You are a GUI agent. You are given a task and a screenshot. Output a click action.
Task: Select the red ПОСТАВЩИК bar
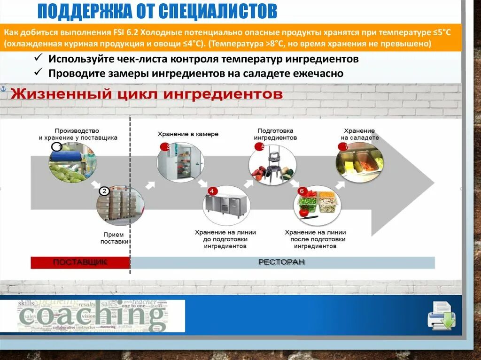coord(80,262)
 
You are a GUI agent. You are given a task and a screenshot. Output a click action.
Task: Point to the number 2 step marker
coord(104,191)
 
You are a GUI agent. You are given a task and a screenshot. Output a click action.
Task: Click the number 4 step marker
coord(212,191)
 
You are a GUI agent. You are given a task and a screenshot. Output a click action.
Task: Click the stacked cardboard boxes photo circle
coord(120,205)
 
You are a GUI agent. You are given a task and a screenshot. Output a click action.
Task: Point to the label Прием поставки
coord(115,238)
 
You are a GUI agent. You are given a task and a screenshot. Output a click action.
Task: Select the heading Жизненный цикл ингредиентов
coord(147,94)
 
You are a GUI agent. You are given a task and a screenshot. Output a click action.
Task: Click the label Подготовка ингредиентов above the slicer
coord(275,134)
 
